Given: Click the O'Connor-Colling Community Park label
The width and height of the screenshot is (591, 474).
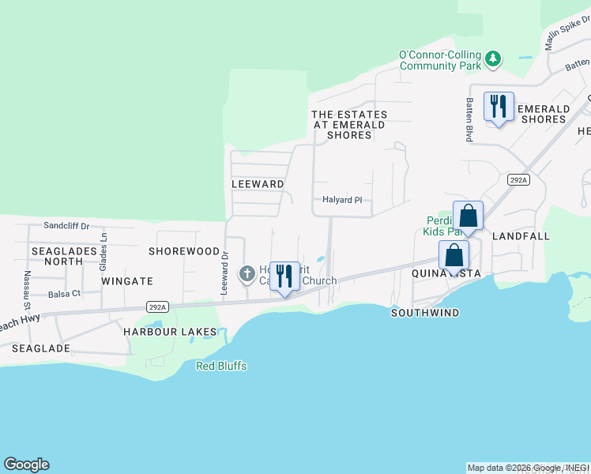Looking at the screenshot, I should (440, 60).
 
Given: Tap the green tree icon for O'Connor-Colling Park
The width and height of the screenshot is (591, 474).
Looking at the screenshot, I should (493, 58).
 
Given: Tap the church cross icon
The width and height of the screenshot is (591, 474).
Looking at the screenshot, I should (247, 275).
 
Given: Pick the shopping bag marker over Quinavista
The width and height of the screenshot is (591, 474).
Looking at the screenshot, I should (454, 256).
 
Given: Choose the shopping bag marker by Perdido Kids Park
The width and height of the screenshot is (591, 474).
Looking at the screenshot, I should (469, 216).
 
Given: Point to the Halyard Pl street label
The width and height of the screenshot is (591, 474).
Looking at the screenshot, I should (341, 201).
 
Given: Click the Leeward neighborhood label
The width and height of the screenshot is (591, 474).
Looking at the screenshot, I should (258, 184).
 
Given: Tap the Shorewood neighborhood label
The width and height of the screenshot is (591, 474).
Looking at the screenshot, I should (184, 251).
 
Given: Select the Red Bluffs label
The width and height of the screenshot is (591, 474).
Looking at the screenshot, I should (221, 366).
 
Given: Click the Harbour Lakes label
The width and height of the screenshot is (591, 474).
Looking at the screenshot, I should (170, 331).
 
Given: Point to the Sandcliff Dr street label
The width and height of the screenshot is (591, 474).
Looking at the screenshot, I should (67, 225).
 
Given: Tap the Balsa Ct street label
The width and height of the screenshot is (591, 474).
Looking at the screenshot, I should (65, 293).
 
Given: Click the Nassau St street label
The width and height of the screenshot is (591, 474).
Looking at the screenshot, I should (27, 290).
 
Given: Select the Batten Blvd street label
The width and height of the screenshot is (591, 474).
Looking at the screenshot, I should (469, 119).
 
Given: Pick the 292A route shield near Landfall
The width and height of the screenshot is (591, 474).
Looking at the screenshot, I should (518, 180).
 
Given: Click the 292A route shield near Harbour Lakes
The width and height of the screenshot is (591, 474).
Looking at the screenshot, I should (157, 306).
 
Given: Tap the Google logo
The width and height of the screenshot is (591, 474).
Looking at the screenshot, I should (26, 465).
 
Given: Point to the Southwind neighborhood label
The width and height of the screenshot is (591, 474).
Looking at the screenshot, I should (425, 313).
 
